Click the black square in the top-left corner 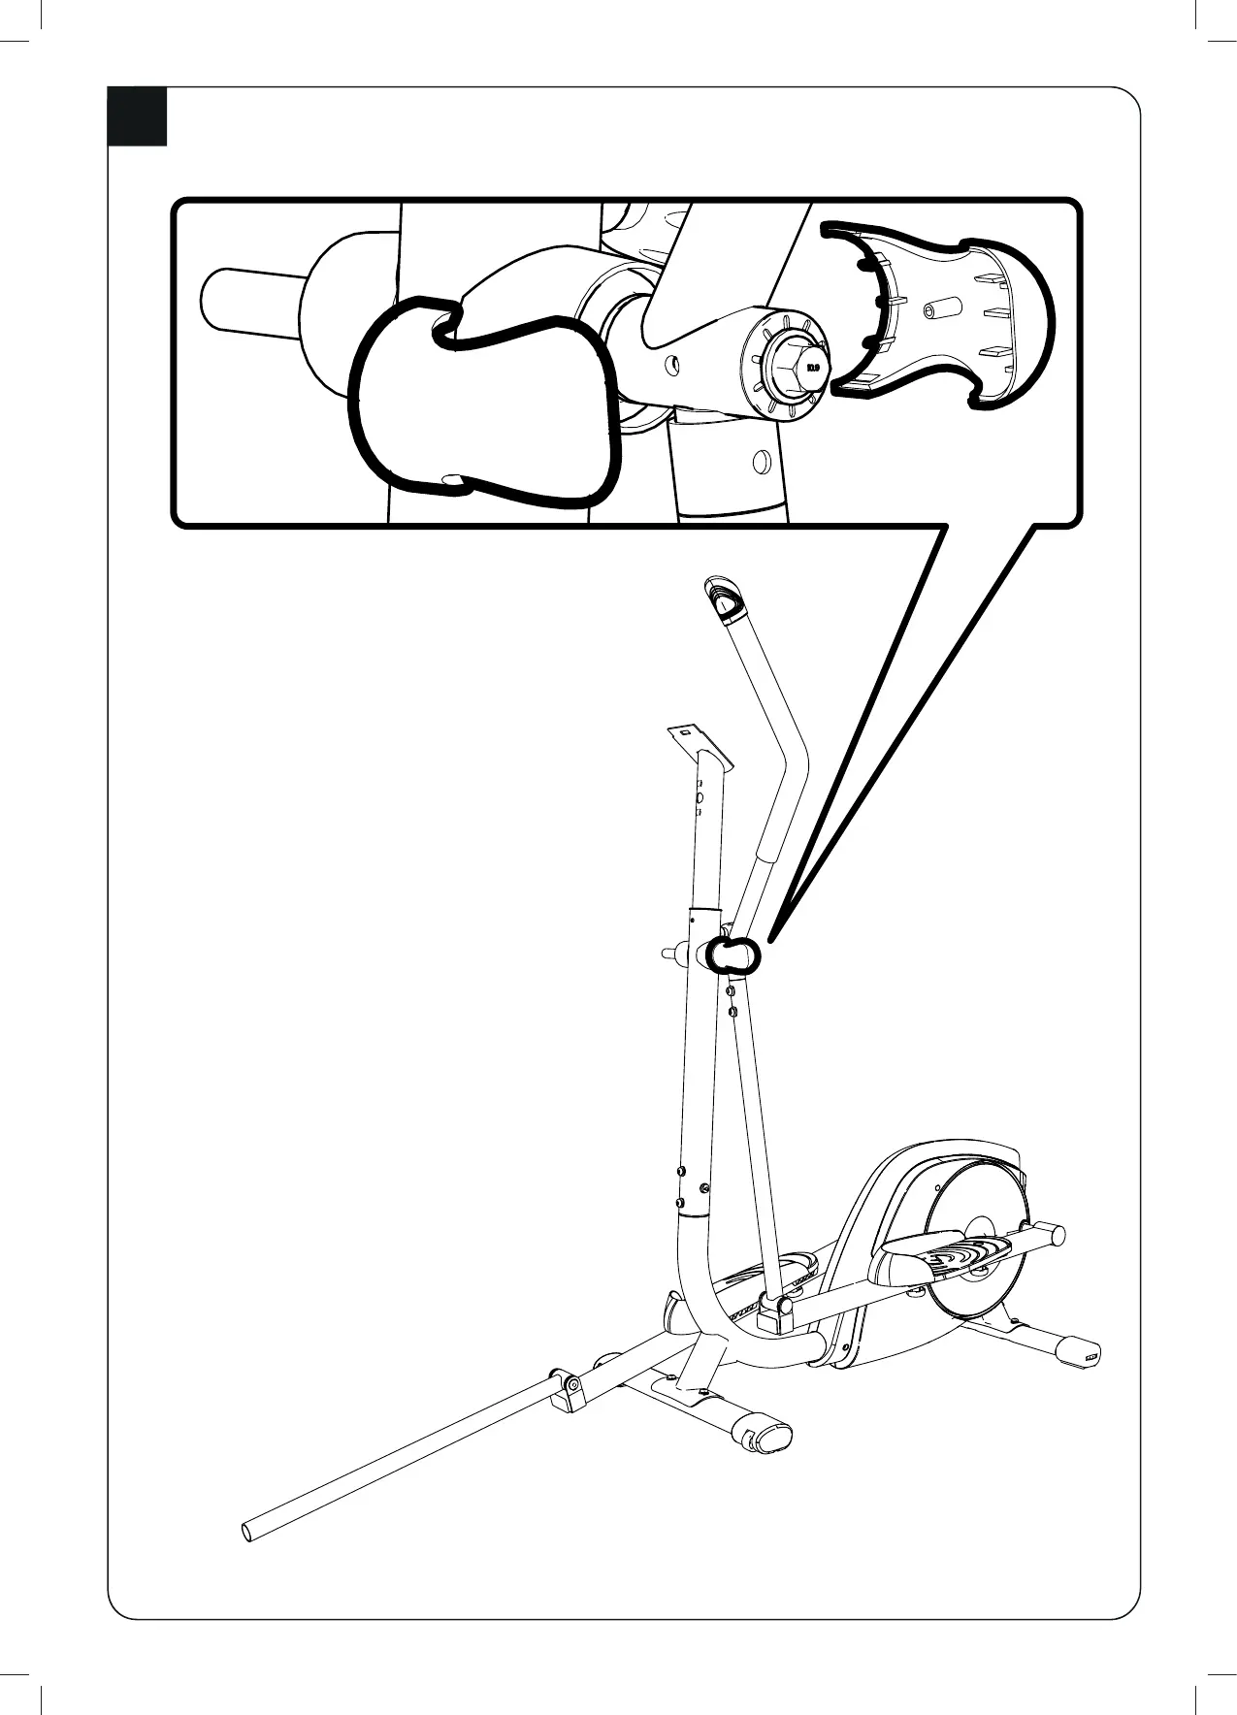tap(137, 116)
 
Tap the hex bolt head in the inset tap(790, 368)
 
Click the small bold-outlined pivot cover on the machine tap(732, 955)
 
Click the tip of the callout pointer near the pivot tap(772, 937)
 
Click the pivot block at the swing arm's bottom tap(777, 1311)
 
